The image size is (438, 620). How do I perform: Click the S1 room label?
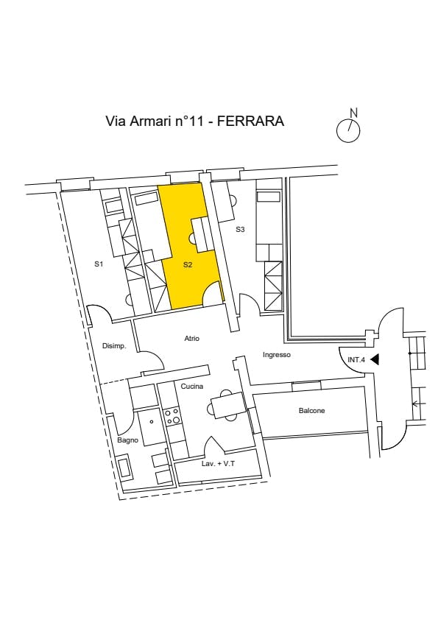point(99,264)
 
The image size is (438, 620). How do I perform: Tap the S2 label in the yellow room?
point(188,265)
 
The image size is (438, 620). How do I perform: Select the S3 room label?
point(240,229)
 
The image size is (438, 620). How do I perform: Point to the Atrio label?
point(191,339)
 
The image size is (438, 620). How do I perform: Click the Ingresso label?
point(277,355)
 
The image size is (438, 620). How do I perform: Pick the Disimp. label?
point(114,346)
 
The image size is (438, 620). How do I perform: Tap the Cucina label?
point(191,387)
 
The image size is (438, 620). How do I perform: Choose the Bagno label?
point(127,440)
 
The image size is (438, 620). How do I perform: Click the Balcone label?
point(312,411)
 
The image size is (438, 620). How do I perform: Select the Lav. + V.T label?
point(218,464)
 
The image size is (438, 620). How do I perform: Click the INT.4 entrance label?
point(356,360)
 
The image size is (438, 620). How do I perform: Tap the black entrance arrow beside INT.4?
point(375,360)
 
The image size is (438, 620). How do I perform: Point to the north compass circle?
point(348,131)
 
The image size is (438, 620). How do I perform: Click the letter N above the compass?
point(354,113)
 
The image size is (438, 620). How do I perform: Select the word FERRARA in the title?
point(250,121)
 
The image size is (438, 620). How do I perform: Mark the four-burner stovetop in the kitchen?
point(173,417)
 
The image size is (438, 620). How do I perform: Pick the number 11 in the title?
point(196,121)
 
